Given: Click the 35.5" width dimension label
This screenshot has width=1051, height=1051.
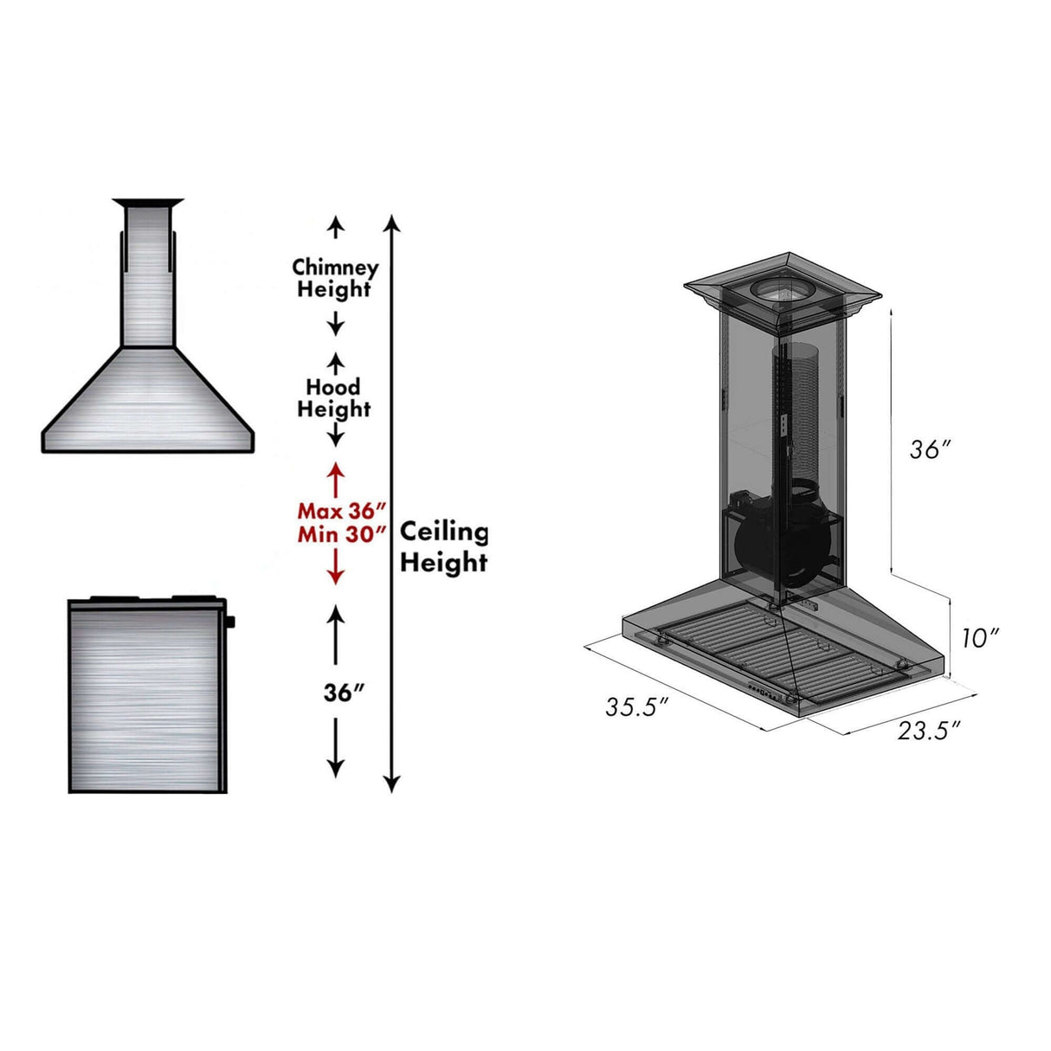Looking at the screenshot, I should point(636,707).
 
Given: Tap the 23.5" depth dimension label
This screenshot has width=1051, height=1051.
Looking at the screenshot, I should point(928,731).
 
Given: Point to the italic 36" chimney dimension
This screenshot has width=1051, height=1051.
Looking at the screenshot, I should point(930,449).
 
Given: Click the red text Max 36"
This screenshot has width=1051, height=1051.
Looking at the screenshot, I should point(341,511).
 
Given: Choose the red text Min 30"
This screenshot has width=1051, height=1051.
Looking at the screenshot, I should point(341,534).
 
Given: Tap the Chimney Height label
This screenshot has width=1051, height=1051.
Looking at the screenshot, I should point(334,278).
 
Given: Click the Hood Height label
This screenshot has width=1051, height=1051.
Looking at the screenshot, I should point(334,398).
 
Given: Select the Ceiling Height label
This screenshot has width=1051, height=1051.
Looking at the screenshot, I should point(443,547).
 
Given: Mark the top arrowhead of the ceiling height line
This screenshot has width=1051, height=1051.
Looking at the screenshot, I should point(391,223).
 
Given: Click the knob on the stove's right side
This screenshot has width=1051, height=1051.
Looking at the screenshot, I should point(231,622).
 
